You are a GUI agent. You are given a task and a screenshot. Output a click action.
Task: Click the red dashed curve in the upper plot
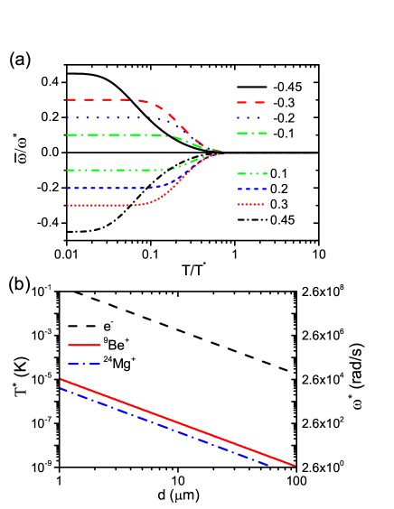click(x=99, y=99)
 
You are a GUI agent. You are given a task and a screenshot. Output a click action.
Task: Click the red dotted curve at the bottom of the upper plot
click(x=99, y=205)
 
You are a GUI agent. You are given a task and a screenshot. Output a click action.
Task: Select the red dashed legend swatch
click(x=251, y=102)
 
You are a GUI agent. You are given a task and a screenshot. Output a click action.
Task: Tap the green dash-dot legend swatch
click(x=251, y=133)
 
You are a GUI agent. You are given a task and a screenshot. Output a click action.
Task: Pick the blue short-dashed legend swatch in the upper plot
click(x=251, y=189)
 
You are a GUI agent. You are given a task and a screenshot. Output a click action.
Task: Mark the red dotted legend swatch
click(x=250, y=204)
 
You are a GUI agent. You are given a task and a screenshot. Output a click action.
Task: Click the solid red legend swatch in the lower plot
click(x=84, y=345)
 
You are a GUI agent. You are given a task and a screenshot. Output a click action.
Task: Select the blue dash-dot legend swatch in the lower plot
click(x=84, y=364)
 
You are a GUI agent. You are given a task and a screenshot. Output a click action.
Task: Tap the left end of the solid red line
click(x=61, y=379)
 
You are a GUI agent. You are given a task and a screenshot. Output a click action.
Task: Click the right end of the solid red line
click(x=295, y=467)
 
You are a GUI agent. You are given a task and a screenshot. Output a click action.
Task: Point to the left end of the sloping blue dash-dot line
click(x=61, y=389)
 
